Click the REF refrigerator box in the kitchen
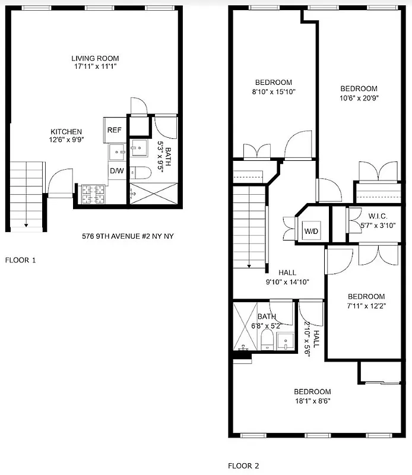click(114, 129)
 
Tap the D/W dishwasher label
click(116, 170)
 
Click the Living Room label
click(95, 58)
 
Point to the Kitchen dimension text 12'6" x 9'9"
click(66, 141)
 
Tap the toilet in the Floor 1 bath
click(140, 173)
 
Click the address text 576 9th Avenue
click(127, 236)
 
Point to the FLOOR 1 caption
click(20, 259)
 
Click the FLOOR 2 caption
click(243, 466)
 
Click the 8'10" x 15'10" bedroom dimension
click(274, 91)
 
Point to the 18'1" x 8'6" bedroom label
click(312, 400)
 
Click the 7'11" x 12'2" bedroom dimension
click(366, 306)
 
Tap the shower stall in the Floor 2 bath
click(243, 325)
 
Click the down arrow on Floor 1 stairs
click(26, 224)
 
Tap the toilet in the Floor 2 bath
click(267, 341)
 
